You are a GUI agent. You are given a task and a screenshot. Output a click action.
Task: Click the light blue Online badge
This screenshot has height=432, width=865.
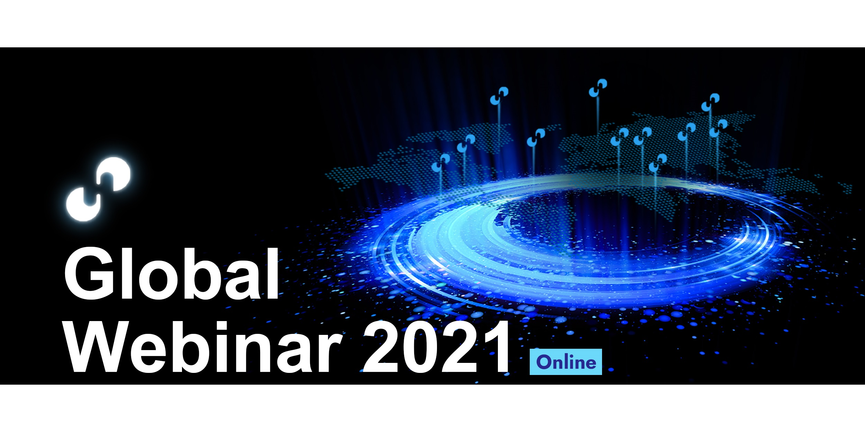coord(566,362)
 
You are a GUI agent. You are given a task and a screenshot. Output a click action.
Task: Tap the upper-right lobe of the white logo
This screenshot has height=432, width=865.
coord(116,174)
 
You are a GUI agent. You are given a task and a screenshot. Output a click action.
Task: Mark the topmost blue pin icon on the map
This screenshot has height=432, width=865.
coord(598,88)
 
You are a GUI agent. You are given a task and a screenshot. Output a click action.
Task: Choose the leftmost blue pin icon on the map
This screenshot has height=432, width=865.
coord(441,163)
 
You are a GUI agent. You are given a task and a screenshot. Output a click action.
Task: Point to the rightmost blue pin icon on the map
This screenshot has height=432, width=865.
coord(718,128)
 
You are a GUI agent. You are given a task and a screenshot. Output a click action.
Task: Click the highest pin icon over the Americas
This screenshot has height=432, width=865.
coord(499,96)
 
